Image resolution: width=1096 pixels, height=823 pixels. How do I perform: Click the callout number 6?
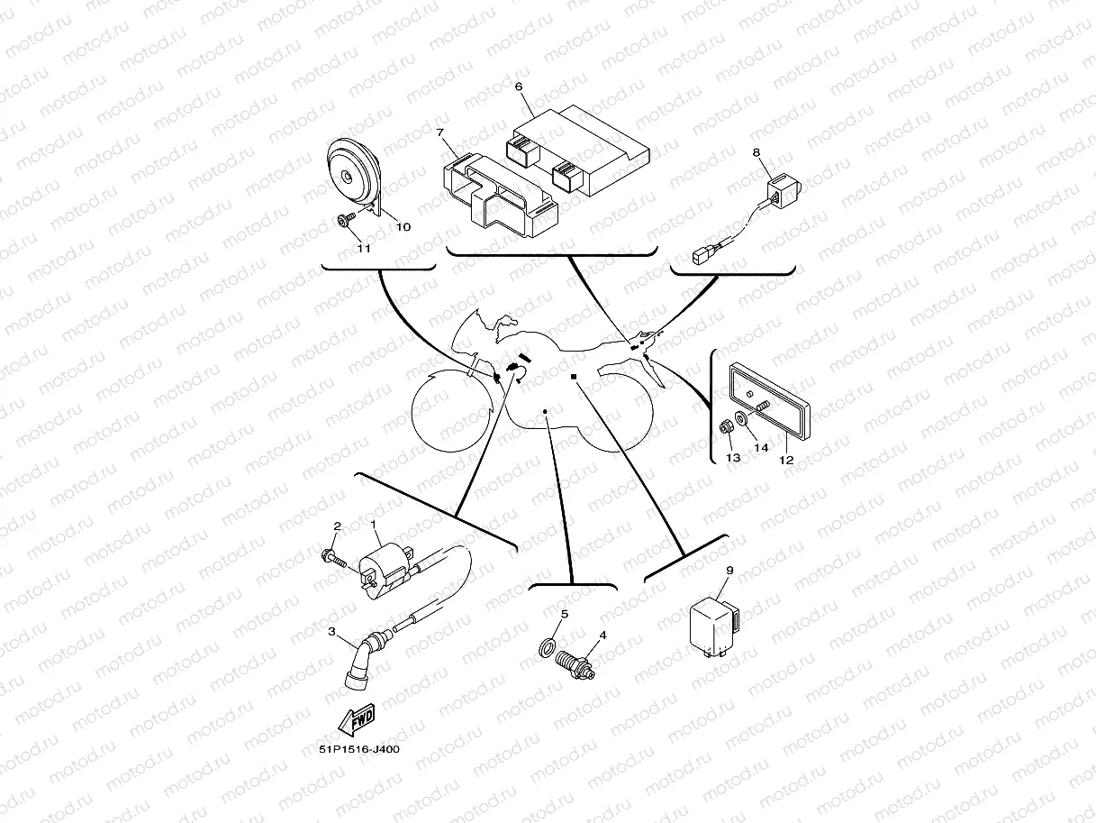(x=519, y=87)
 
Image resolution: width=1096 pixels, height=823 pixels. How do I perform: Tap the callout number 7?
(x=440, y=133)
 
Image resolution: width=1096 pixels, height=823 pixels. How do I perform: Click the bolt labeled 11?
(x=345, y=219)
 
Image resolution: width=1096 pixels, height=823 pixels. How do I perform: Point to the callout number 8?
(x=756, y=153)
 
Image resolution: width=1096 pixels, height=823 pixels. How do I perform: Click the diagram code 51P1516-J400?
(x=358, y=749)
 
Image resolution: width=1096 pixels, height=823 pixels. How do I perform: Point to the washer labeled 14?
(x=742, y=419)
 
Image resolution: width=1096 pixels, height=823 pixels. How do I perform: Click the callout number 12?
(x=785, y=460)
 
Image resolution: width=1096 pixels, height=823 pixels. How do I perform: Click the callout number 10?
(x=403, y=227)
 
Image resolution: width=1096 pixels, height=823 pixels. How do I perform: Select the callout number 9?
(x=729, y=571)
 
